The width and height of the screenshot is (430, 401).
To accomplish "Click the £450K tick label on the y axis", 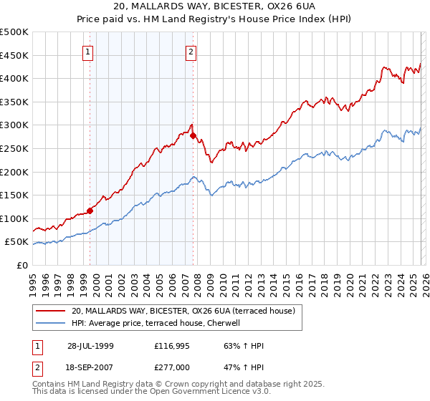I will coord(14,55).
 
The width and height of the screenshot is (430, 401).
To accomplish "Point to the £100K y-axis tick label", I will coord(14,218).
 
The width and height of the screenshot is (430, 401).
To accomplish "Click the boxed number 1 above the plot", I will coord(88,51).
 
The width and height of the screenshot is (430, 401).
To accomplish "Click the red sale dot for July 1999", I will coord(90,211).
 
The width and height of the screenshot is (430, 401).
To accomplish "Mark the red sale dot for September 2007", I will coord(193,135).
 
